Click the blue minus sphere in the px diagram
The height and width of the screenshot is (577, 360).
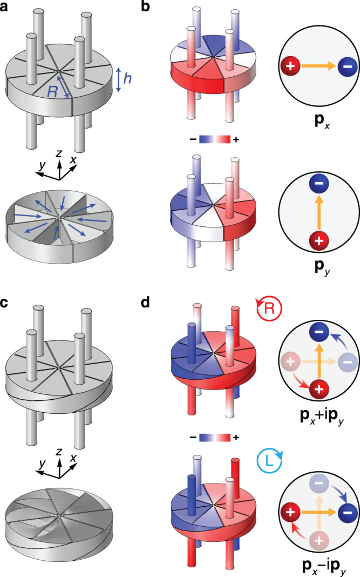tap(341, 68)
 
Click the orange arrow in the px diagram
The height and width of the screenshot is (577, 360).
tap(316, 68)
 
